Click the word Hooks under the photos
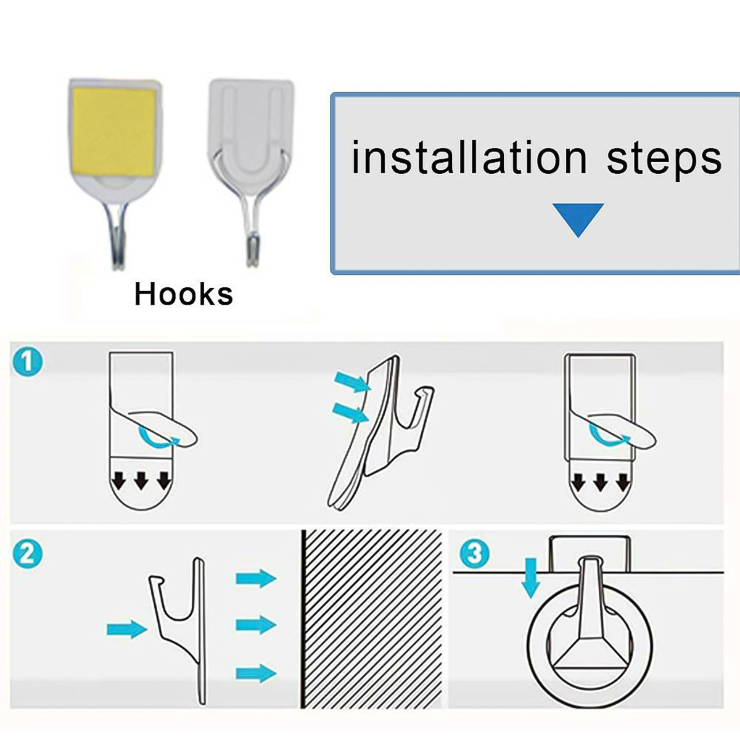pyautogui.click(x=184, y=295)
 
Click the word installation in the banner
pyautogui.click(x=469, y=157)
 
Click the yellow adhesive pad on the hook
pyautogui.click(x=114, y=132)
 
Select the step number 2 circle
pyautogui.click(x=27, y=554)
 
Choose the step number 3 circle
pyautogui.click(x=475, y=554)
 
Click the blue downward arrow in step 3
pyautogui.click(x=531, y=578)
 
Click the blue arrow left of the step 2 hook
pyautogui.click(x=127, y=629)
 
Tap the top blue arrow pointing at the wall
pyautogui.click(x=256, y=578)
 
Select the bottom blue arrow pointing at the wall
pyautogui.click(x=256, y=673)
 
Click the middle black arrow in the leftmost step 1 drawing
pyautogui.click(x=141, y=481)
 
